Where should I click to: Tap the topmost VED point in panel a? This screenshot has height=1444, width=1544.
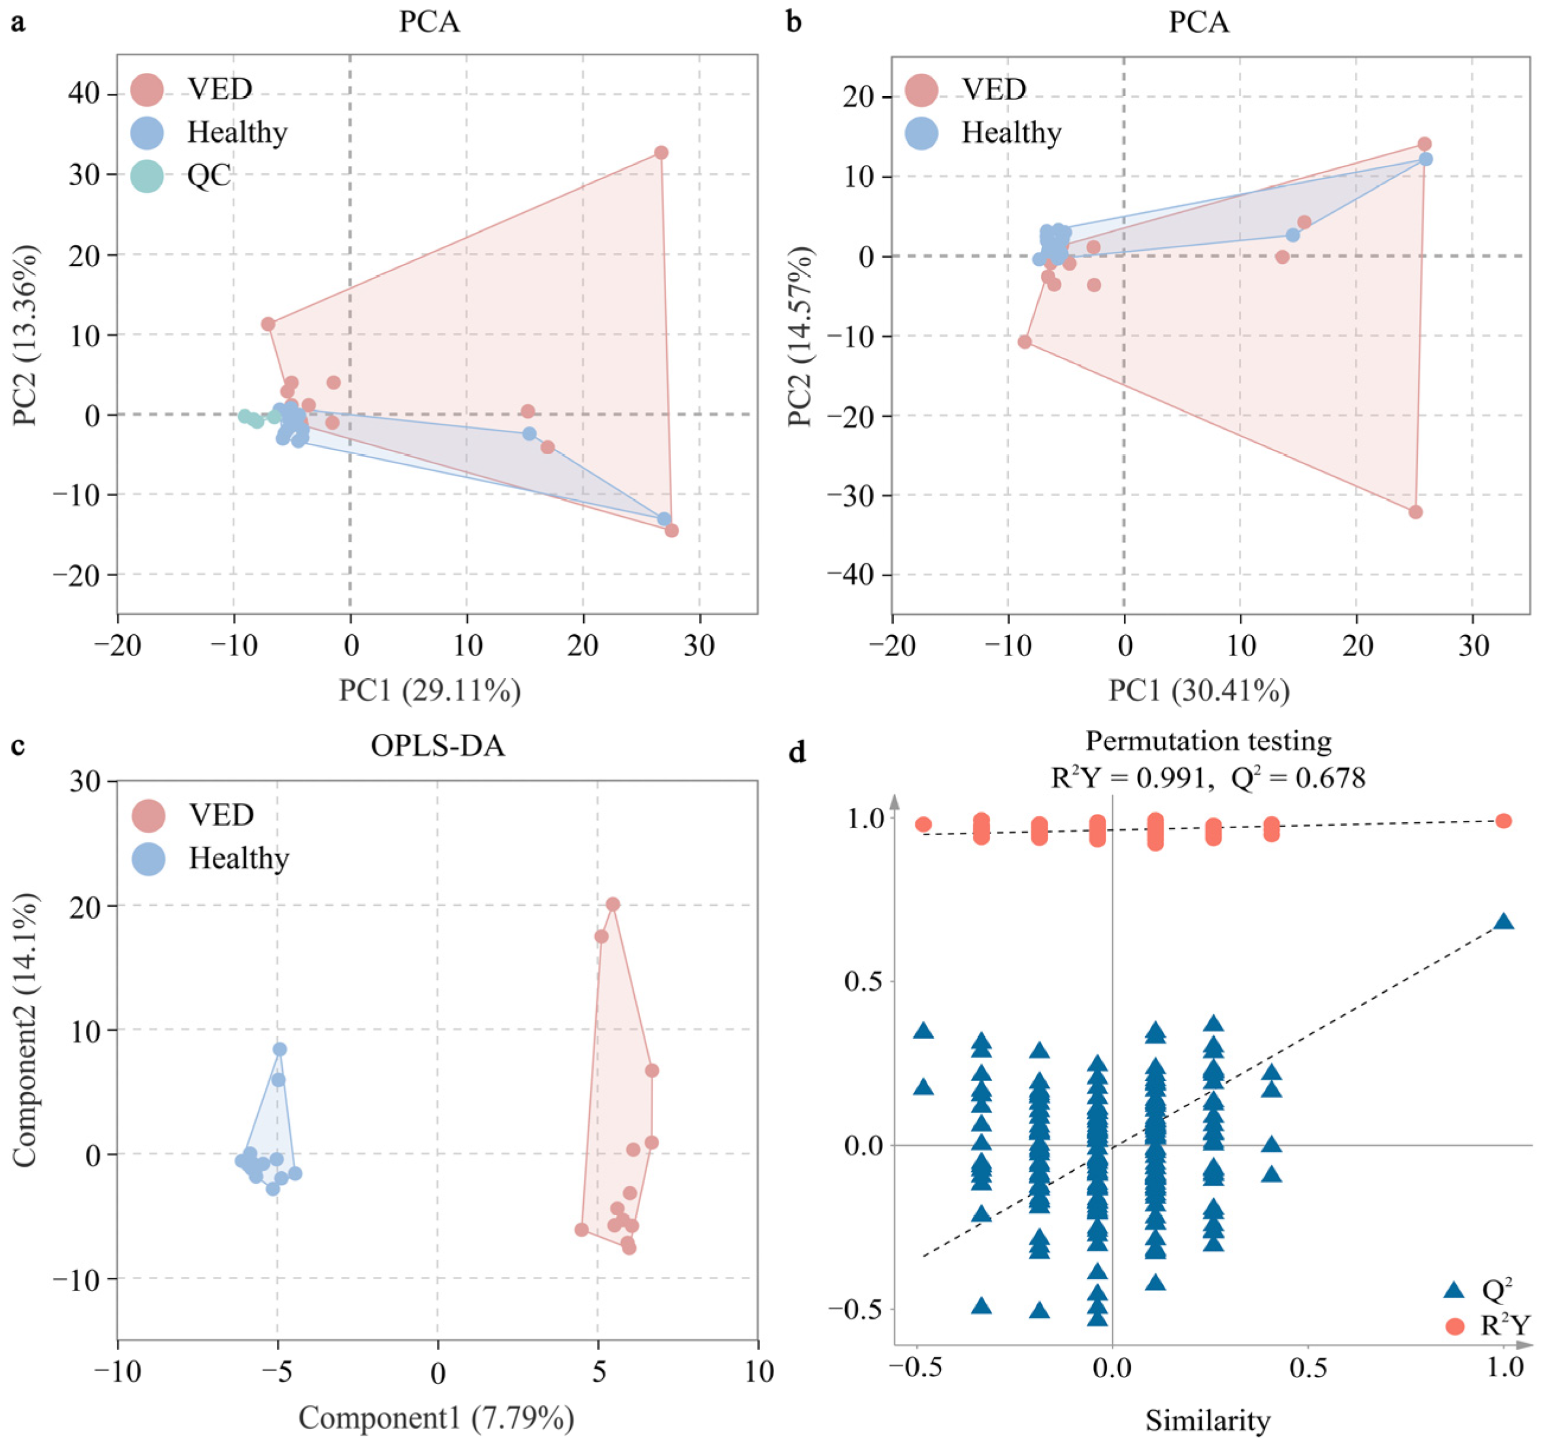point(661,153)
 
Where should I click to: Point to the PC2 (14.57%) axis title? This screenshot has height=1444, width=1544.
point(800,336)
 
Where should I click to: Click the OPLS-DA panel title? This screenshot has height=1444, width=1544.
point(437,746)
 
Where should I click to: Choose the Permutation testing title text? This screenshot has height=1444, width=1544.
point(1208,741)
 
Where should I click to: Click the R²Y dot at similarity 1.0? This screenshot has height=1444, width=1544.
point(1504,821)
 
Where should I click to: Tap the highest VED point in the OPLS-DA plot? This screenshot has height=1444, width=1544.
point(613,904)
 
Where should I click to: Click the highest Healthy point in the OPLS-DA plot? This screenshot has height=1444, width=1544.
point(280,1049)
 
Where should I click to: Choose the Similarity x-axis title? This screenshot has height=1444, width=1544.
point(1208,1421)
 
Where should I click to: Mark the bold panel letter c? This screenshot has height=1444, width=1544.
point(18,746)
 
